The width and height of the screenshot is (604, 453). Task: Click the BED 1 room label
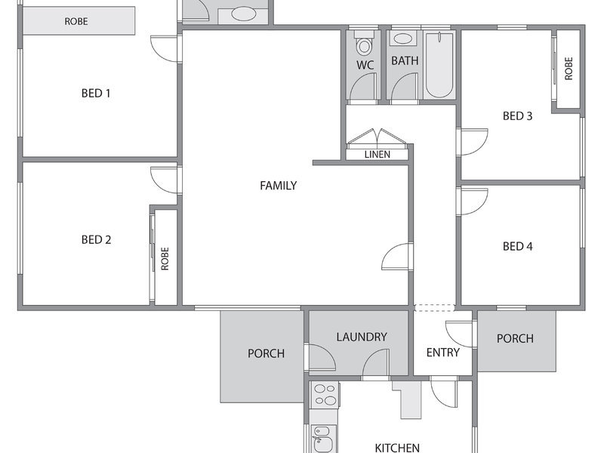click(x=96, y=93)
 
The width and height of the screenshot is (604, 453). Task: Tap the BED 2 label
click(x=97, y=239)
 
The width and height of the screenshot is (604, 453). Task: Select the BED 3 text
click(x=518, y=116)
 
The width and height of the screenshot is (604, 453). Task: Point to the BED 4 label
click(x=518, y=246)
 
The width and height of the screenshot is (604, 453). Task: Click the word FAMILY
click(x=278, y=186)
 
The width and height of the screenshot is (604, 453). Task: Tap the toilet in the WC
click(x=364, y=45)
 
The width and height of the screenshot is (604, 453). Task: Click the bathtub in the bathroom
click(x=439, y=65)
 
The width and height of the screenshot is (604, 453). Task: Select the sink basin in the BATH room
click(x=403, y=39)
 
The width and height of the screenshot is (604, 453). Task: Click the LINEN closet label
click(x=377, y=155)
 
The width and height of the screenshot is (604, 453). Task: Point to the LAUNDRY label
click(x=362, y=337)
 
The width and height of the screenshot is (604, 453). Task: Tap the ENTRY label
click(x=443, y=353)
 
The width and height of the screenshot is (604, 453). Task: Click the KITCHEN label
click(x=397, y=448)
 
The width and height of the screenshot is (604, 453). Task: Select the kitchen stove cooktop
click(x=325, y=394)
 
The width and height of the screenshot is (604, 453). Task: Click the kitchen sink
click(x=323, y=439)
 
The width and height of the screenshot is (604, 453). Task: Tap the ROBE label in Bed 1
click(x=76, y=21)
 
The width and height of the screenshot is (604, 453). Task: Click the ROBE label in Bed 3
click(x=569, y=69)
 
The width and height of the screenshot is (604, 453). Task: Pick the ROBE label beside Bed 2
click(x=165, y=259)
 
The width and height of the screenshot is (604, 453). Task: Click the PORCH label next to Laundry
click(x=267, y=353)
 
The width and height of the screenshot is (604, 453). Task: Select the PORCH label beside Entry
click(x=515, y=338)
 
